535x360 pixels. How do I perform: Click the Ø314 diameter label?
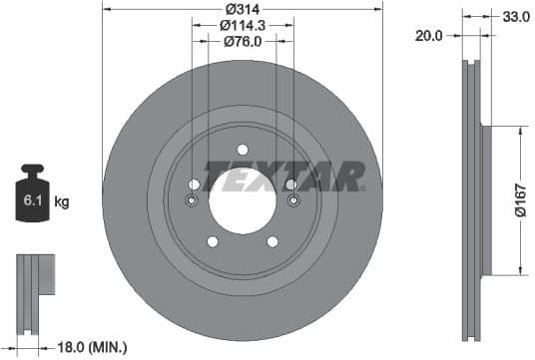click(242, 9)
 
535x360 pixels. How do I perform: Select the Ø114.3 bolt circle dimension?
click(242, 25)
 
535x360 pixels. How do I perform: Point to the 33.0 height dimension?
click(516, 17)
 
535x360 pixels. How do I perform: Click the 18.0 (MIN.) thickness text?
click(94, 347)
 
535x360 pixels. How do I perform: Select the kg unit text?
click(62, 202)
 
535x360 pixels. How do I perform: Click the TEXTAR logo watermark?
click(283, 176)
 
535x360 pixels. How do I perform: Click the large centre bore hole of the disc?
click(243, 195)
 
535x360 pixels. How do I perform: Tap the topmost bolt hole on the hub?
click(243, 150)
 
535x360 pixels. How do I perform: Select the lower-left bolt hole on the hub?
click(212, 241)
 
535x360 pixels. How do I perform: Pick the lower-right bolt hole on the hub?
click(272, 241)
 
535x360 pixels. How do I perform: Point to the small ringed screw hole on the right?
click(293, 201)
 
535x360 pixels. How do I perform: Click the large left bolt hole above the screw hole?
click(194, 184)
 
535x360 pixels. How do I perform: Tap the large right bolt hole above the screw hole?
click(290, 184)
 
